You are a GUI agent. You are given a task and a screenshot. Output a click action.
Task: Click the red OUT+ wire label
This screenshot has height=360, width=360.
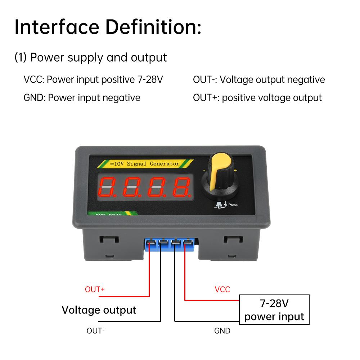coord(95,289)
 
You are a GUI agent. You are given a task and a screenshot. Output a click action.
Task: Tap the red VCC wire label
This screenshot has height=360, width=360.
coord(222,289)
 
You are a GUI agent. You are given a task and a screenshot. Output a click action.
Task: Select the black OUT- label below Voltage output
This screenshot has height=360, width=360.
coord(96,330)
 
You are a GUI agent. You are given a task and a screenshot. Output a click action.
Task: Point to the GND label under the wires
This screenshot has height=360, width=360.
coord(222,330)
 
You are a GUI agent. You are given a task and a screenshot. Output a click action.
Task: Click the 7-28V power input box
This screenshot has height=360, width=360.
coord(274,310)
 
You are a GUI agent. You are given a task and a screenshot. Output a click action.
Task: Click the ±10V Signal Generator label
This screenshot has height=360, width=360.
coord(144,164)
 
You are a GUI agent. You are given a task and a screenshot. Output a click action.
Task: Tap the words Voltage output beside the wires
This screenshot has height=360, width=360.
coord(99,310)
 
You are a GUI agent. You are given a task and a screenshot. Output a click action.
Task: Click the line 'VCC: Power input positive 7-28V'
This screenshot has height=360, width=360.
coord(93,80)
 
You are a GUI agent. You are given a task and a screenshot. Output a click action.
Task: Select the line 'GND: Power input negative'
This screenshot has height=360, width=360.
coord(82,98)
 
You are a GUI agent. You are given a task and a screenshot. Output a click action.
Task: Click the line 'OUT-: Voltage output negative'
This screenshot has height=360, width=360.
coord(259,80)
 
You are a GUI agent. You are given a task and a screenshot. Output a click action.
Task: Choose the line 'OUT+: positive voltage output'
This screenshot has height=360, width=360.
coord(257,98)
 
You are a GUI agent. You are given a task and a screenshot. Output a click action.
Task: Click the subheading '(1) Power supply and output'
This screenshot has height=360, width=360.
coord(91,58)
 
